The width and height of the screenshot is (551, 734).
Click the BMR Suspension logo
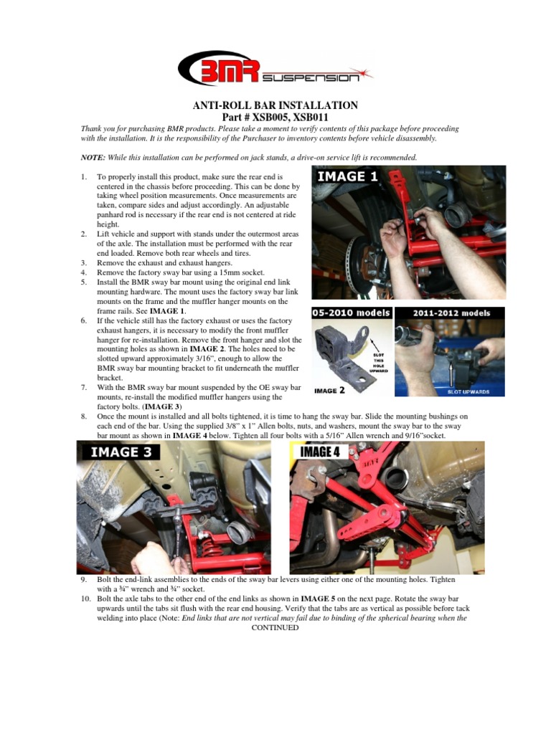(x=275, y=70)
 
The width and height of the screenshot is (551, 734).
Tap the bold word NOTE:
(x=93, y=157)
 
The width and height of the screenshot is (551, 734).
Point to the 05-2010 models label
(x=352, y=313)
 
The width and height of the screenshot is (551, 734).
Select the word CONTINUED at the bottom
(x=275, y=627)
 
